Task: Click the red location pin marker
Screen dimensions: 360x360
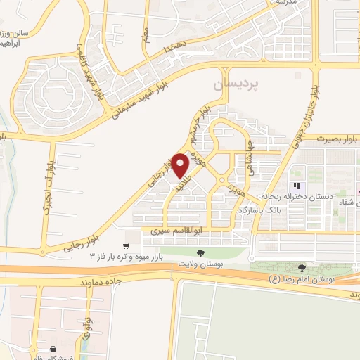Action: click(180, 165)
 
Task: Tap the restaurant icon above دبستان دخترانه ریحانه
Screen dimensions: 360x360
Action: click(297, 186)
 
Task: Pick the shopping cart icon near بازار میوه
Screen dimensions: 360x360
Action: click(125, 246)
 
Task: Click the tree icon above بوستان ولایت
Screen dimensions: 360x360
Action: click(201, 252)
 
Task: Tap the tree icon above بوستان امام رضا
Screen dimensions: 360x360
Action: click(302, 267)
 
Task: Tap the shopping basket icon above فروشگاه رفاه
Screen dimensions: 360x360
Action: click(53, 349)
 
